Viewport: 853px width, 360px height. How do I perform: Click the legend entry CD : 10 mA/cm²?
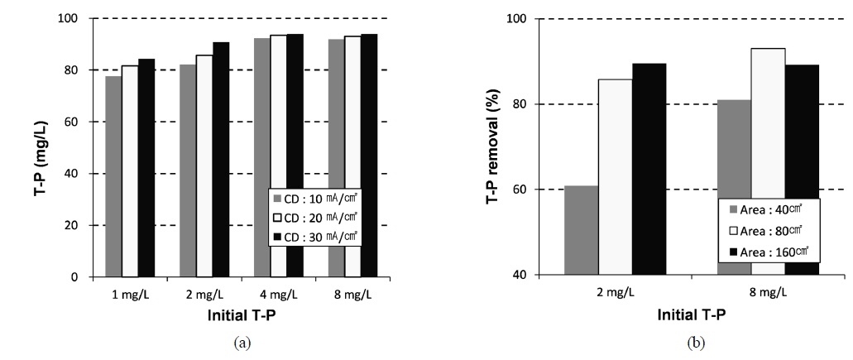click(x=314, y=199)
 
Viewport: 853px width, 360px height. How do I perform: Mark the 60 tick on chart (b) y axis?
click(x=520, y=190)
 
